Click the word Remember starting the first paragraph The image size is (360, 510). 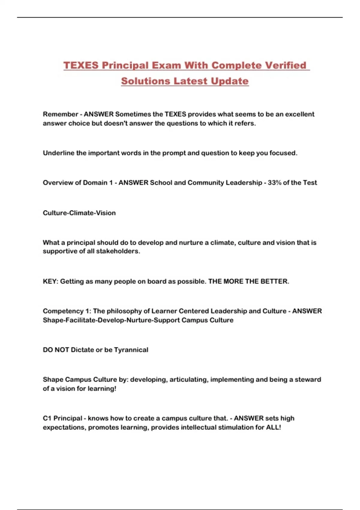coord(60,114)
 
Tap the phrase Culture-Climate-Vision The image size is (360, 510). coord(79,213)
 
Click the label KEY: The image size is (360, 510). coord(50,281)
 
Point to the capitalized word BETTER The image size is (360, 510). coord(274,281)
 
